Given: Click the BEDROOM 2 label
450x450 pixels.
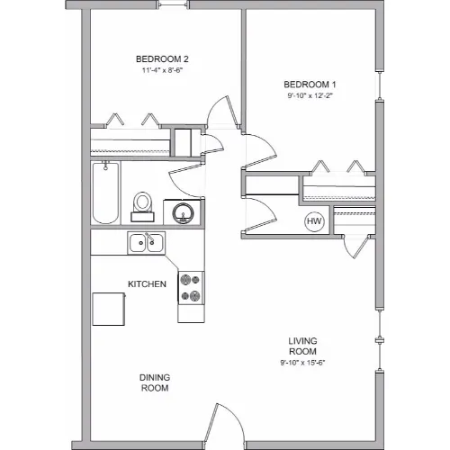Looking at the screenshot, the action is coord(162,59).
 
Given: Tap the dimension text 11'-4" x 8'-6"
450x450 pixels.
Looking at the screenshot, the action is coord(162,70).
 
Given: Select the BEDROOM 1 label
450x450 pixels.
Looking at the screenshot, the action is coord(310,85).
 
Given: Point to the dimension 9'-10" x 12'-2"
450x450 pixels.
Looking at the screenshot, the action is coord(310,95).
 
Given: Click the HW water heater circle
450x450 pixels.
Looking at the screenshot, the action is coord(314,221).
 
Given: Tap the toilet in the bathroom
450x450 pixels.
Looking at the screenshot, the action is coord(142,207).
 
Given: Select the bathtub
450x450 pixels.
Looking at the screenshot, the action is coord(105,193).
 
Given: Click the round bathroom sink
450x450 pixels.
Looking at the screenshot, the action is coord(183,213).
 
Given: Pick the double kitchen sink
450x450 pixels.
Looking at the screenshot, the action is coord(146,243).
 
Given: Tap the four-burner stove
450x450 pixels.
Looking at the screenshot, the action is coord(191,288).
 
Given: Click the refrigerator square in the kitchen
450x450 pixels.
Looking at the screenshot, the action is coord(109,309).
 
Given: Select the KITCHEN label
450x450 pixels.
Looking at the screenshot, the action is coord(147,284).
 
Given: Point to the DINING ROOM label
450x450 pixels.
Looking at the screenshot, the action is coord(155,382).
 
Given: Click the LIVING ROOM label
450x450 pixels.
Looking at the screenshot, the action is coord(302,346).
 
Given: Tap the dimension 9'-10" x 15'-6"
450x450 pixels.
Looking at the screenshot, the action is coord(302,363).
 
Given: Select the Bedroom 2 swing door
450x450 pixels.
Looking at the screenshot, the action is coord(223,112).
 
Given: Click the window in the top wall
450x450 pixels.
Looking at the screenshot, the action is coord(174,4).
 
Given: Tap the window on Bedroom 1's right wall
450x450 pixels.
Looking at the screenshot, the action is coord(380,85).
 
